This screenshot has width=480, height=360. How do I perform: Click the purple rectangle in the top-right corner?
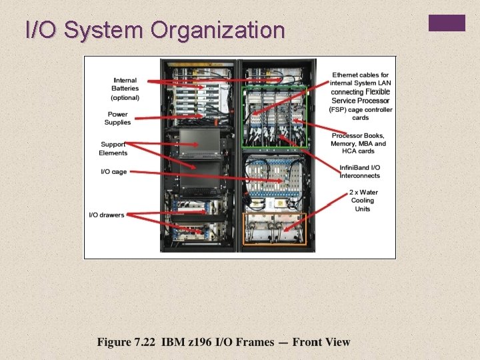447,23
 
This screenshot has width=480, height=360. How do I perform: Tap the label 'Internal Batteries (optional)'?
125,89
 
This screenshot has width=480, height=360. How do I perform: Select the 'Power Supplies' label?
118,118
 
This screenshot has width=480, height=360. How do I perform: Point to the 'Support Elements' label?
114,149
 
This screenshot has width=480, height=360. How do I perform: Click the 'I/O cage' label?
113,171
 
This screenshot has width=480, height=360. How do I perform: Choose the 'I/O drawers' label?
107,215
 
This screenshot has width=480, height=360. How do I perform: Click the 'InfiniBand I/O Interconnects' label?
360,171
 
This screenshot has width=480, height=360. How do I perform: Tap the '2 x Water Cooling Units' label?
363,200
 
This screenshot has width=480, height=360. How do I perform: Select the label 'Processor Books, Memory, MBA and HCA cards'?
359,143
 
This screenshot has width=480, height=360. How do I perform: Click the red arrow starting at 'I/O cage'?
200,176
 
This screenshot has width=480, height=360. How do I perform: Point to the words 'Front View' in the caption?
321,342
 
